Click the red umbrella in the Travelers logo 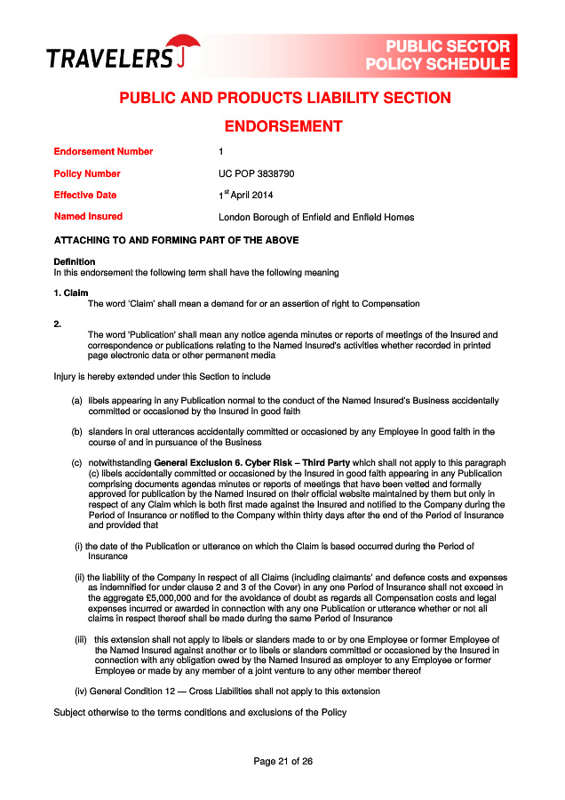click(184, 47)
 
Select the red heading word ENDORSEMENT click(282, 126)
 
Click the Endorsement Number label click(103, 152)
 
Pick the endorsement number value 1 click(221, 152)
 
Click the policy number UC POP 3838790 click(257, 174)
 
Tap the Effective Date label click(85, 196)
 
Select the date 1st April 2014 click(248, 196)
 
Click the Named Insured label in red click(88, 217)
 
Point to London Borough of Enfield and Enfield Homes click(316, 217)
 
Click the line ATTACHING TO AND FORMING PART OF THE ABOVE click(177, 241)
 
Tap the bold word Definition click(75, 262)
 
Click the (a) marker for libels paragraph click(77, 401)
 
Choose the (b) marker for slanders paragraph click(77, 432)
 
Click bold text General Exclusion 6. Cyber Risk click(252, 463)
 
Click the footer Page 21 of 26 click(282, 762)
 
